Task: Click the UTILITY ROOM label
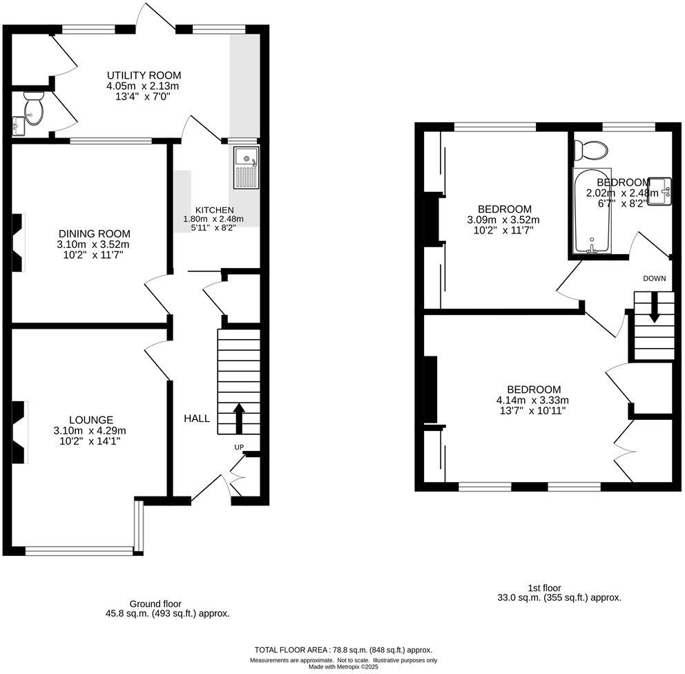coord(143,75)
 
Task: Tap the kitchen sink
coord(245,168)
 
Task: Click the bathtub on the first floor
coord(592,211)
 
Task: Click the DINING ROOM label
coord(94,233)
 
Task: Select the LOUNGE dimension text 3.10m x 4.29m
coord(90,431)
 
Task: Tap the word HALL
coord(197,418)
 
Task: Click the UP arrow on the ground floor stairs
coord(239,416)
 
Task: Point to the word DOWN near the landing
coord(654,279)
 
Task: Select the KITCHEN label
coord(214,210)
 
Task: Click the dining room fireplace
coord(19,242)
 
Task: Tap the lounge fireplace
coord(19,432)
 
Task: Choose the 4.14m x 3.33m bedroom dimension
coord(534,400)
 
